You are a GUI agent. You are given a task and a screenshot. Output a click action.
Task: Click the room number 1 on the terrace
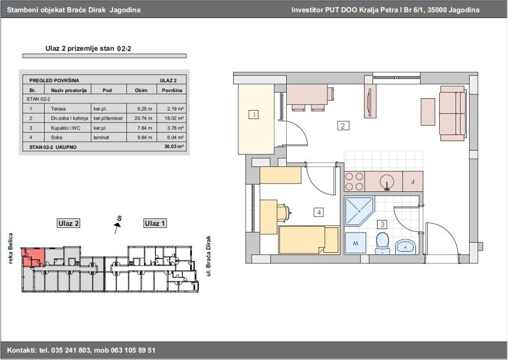[253, 115]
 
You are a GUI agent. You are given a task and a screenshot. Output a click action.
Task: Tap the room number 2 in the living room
[343, 125]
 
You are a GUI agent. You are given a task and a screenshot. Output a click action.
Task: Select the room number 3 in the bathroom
[382, 224]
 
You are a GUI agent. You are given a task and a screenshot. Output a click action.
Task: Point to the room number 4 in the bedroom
[319, 212]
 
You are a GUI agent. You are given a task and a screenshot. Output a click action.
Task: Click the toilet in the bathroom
[383, 243]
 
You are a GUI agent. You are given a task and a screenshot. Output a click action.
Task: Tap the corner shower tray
[360, 211]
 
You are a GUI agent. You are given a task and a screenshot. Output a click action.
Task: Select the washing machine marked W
[356, 243]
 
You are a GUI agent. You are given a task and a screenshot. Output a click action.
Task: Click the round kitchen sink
[387, 182]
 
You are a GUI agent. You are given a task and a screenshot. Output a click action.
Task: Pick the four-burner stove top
[354, 181]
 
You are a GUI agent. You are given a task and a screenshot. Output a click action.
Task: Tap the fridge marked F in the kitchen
[413, 181]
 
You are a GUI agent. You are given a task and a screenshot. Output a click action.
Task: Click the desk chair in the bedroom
[283, 213]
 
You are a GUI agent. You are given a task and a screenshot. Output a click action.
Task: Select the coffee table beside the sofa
[428, 112]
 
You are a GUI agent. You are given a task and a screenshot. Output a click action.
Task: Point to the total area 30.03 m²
[174, 146]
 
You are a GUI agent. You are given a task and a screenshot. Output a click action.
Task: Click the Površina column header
[172, 90]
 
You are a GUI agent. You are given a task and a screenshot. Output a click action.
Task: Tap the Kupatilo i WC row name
[65, 128]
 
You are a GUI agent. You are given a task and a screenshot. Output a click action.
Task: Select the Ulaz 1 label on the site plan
[155, 223]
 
